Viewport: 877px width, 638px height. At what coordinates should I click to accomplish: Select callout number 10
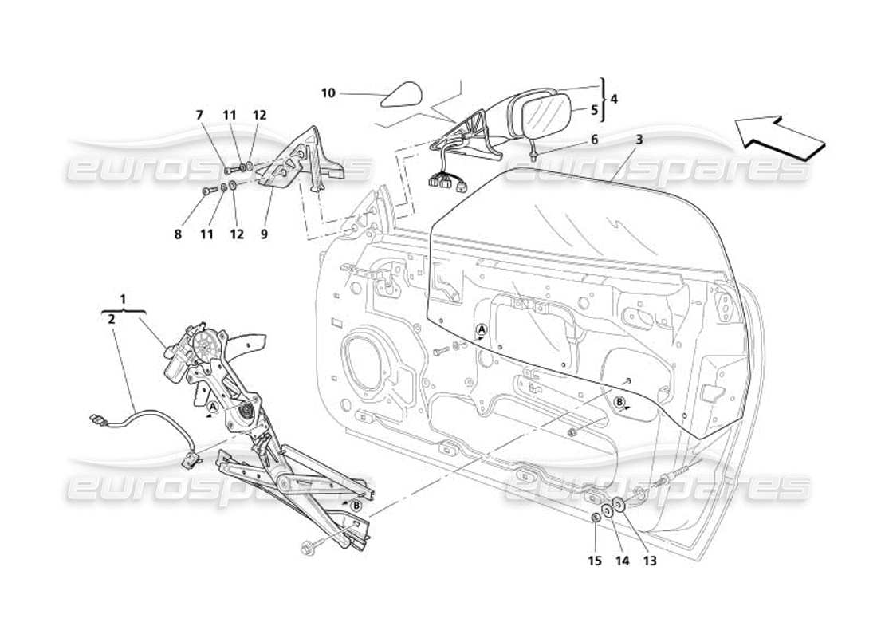(328, 93)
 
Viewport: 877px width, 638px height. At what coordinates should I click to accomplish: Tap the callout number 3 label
(639, 140)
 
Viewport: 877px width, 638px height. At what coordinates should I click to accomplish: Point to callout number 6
(592, 139)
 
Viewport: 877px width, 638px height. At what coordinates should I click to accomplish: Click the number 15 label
(596, 561)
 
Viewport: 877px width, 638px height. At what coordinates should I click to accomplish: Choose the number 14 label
(622, 561)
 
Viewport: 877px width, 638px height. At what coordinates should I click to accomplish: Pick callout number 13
(650, 561)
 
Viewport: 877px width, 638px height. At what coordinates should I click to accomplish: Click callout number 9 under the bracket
(264, 234)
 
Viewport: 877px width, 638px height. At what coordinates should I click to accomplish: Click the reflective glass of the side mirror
(545, 115)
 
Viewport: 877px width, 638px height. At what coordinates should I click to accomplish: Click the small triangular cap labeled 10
(399, 96)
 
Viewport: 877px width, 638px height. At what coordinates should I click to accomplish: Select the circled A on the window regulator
(212, 406)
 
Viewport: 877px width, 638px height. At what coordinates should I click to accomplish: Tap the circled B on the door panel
(619, 403)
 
